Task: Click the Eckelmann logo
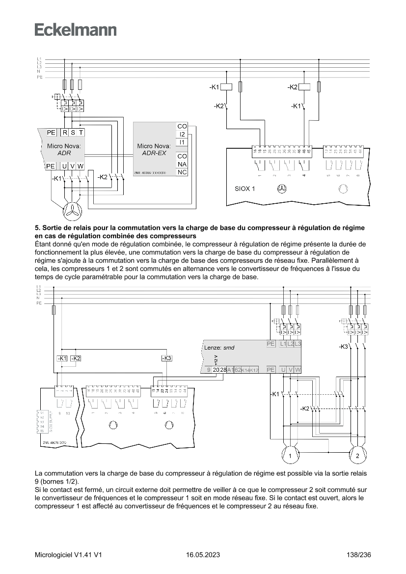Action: [x=76, y=30]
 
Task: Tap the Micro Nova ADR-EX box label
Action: [x=154, y=149]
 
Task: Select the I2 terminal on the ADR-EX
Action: [x=182, y=134]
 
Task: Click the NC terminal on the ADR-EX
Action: [x=182, y=172]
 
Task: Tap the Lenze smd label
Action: [x=219, y=348]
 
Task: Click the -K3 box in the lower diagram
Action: [x=167, y=358]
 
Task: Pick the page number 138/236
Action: [x=358, y=555]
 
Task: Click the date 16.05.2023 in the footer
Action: [x=203, y=555]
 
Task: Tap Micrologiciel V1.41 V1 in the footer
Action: [x=68, y=555]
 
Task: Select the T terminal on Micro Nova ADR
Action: [x=81, y=133]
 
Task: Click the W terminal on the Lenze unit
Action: [x=298, y=370]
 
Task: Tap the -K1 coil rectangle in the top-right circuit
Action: [x=226, y=87]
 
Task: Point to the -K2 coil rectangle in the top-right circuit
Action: [x=305, y=87]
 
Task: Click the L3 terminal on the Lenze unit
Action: [x=298, y=344]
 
